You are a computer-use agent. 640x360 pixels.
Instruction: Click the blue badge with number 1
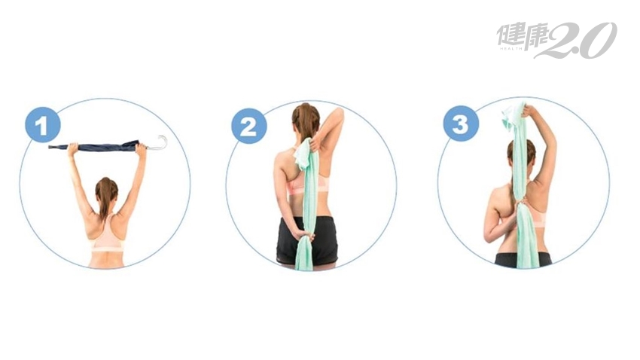[x=42, y=125]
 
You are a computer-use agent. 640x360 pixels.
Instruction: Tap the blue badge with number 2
[x=249, y=126]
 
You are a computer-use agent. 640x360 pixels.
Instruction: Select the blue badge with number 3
[x=461, y=124]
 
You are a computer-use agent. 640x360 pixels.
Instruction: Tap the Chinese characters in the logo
[x=521, y=36]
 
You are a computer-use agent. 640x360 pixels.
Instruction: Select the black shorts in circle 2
[x=307, y=240]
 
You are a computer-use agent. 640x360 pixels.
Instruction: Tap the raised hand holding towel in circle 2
[x=315, y=144]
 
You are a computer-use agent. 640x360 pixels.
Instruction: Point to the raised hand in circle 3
[x=529, y=111]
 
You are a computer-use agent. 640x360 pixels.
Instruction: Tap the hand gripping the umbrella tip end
[x=72, y=148]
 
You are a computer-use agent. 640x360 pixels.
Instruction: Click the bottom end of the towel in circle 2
[x=303, y=266]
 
